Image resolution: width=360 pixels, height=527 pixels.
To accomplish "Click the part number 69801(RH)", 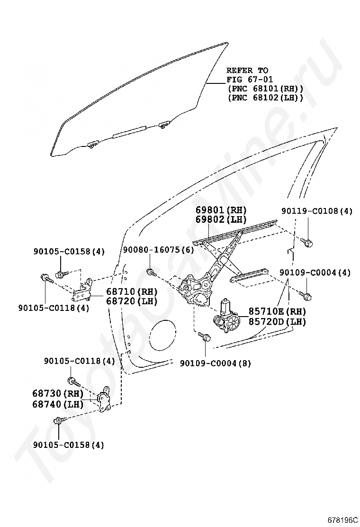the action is pos(221,210).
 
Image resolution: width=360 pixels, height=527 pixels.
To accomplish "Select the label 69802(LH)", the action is pos(221,219).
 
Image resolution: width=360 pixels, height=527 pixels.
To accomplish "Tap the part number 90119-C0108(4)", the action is pos(317,211).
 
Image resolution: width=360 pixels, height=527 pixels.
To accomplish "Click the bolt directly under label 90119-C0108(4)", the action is pos(306,241).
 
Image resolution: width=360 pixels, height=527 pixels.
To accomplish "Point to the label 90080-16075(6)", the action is pos(158,250).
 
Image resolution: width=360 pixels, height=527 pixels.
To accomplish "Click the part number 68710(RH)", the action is pos(132,291).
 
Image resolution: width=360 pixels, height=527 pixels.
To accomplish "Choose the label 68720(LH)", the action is pos(132,301).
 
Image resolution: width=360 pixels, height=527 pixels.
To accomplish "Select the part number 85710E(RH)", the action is pos(278,311).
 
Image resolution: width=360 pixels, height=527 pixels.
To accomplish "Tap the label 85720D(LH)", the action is pos(278,322).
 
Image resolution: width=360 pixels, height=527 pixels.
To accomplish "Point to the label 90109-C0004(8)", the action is pos(215,363).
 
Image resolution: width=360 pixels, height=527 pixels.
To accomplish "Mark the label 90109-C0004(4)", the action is pos(315,272).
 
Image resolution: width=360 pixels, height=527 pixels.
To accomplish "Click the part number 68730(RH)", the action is pos(58,393).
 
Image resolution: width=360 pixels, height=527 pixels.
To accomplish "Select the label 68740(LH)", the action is pos(58,404).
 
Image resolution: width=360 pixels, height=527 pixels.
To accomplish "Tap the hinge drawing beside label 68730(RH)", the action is pos(104,399).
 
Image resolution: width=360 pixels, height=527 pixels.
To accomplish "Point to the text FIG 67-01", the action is pos(250,80).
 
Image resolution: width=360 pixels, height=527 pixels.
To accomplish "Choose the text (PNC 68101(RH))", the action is pos(265,89).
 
